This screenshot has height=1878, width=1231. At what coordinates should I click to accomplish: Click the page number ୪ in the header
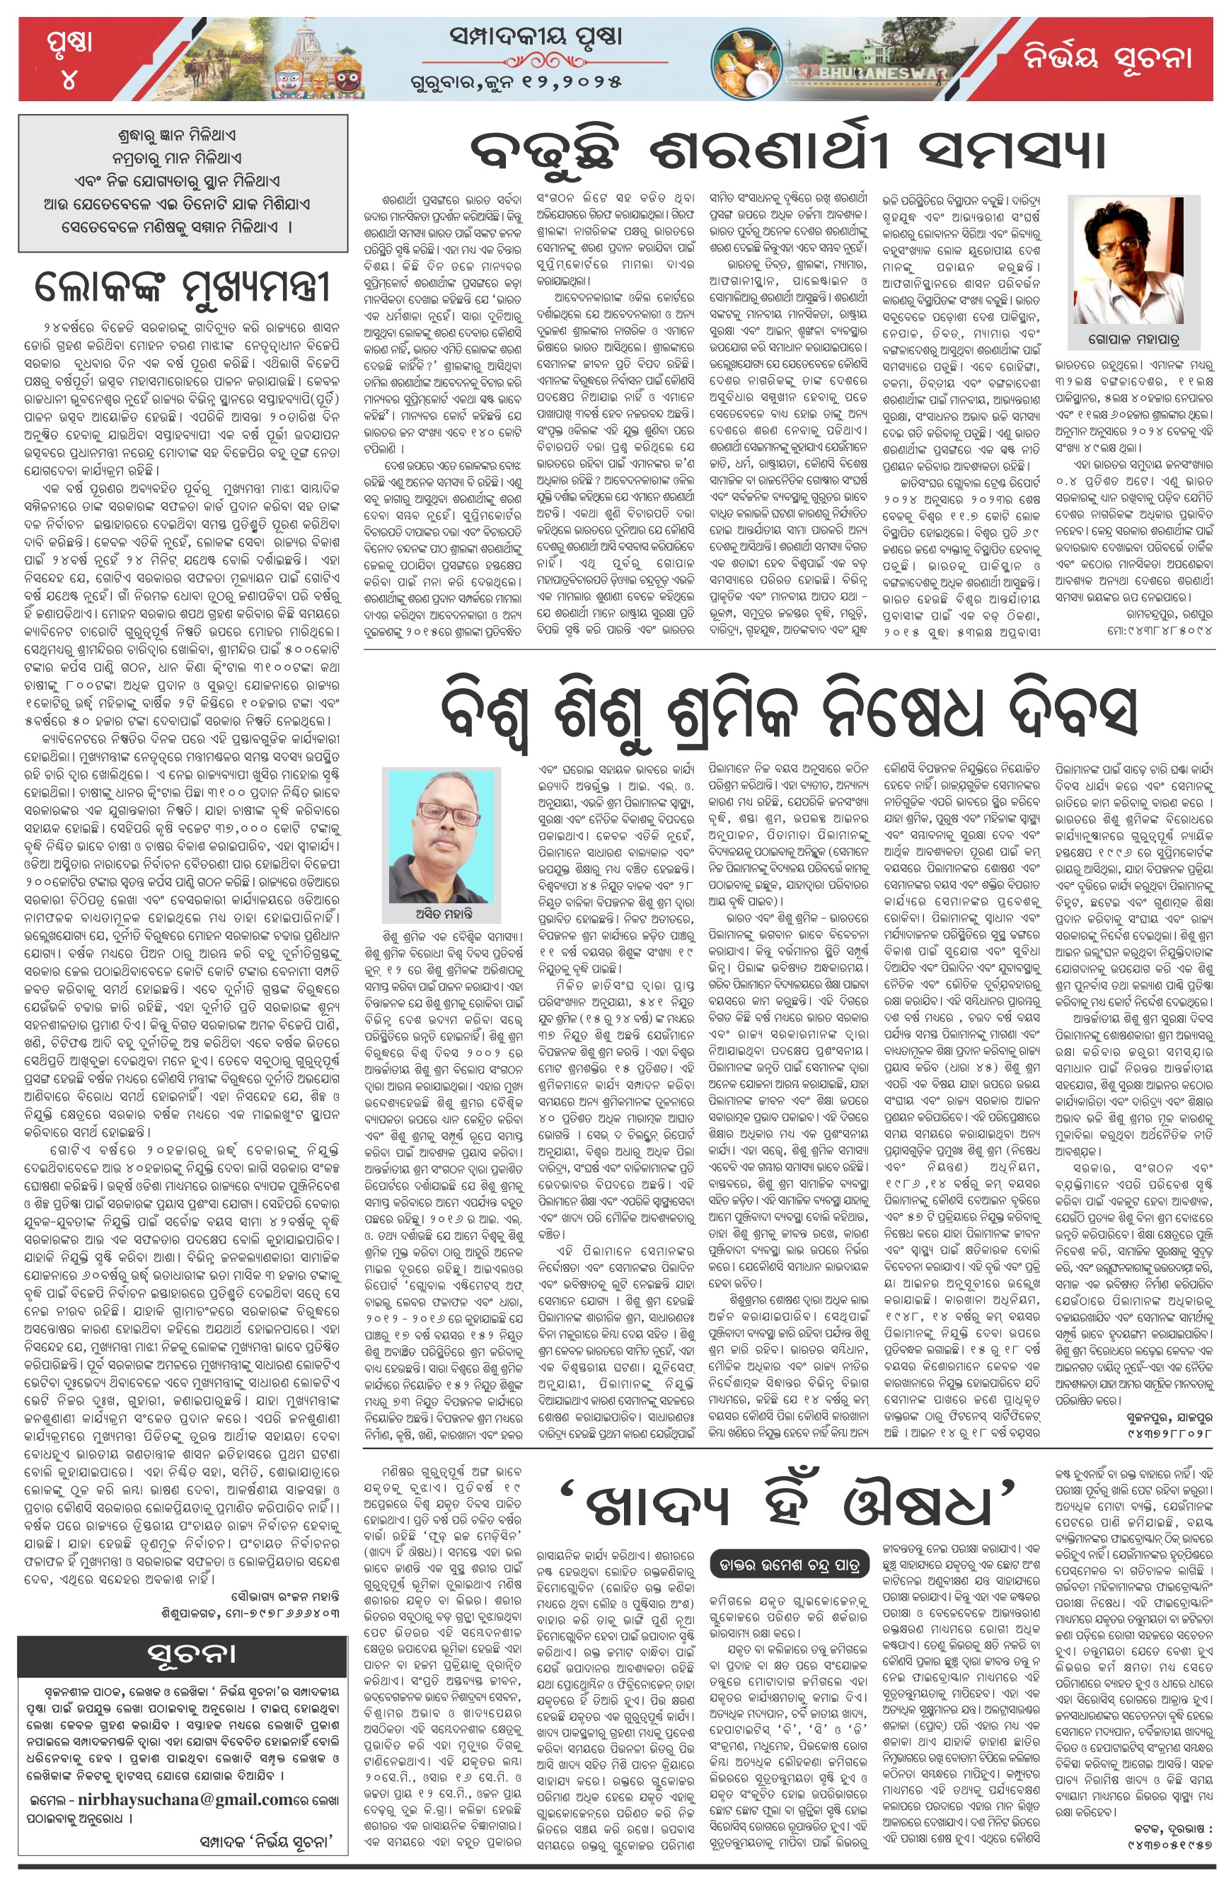click(x=69, y=80)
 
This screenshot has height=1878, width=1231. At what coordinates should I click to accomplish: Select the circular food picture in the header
click(x=745, y=61)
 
